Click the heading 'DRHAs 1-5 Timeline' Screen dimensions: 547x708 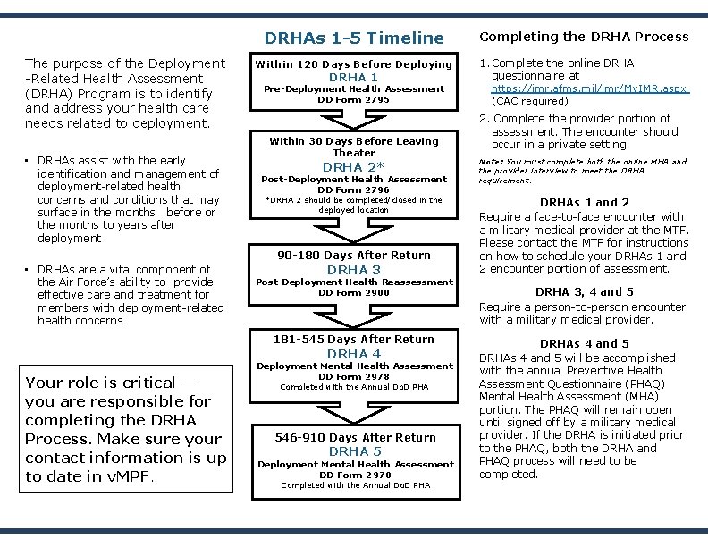(x=354, y=38)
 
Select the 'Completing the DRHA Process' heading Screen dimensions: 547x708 (x=585, y=37)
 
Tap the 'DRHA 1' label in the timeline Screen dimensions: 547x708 (x=354, y=78)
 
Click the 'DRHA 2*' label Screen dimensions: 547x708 (x=354, y=167)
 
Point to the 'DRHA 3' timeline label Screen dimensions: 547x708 (x=354, y=270)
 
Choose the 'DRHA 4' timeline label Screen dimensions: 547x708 (x=354, y=354)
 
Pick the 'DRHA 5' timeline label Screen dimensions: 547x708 (x=354, y=452)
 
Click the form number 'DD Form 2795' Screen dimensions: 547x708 (x=354, y=100)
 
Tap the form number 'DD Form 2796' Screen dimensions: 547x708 (x=354, y=189)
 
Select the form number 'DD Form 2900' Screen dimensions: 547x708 (x=354, y=293)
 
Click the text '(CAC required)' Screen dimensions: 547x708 (x=531, y=102)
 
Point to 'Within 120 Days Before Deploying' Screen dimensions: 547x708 (x=354, y=64)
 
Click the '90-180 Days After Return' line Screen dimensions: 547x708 (x=354, y=256)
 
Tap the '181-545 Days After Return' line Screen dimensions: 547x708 (x=354, y=340)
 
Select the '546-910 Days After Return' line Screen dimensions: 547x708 (x=354, y=438)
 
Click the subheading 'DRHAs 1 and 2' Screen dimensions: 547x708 (x=585, y=203)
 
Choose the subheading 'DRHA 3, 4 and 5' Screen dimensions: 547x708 (x=585, y=291)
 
